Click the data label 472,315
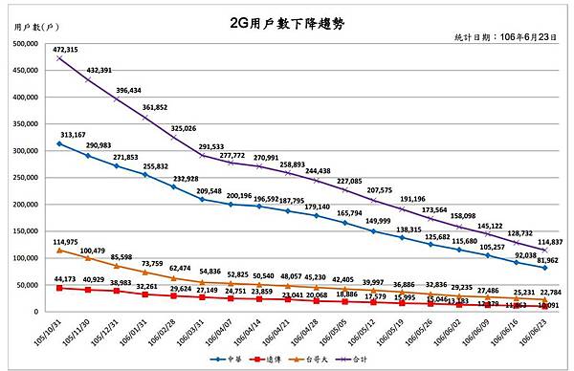65,50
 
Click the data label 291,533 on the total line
216,147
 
